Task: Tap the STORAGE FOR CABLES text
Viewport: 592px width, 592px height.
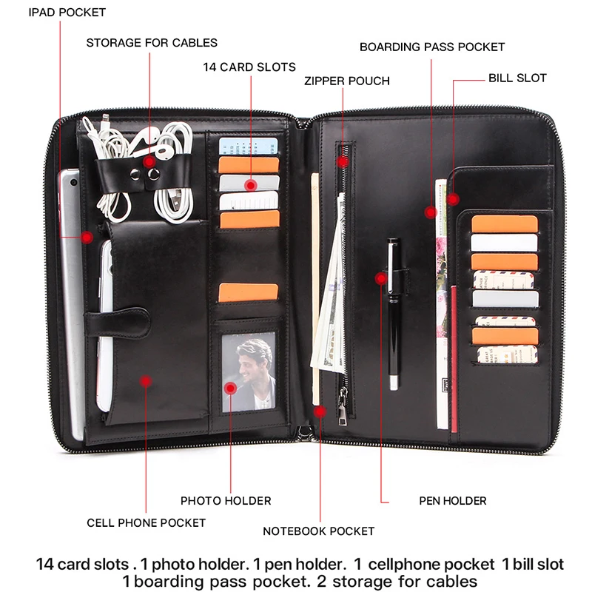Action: pyautogui.click(x=152, y=42)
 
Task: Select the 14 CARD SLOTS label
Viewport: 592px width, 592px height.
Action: pyautogui.click(x=249, y=67)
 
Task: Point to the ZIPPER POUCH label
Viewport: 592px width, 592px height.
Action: pyautogui.click(x=346, y=80)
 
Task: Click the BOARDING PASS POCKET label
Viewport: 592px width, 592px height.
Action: pyautogui.click(x=432, y=47)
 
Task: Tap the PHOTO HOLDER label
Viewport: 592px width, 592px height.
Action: pyautogui.click(x=226, y=501)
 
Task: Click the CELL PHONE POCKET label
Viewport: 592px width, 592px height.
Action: pyautogui.click(x=146, y=522)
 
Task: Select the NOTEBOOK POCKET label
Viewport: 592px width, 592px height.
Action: pyautogui.click(x=318, y=531)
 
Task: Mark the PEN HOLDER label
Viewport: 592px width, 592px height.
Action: pyautogui.click(x=453, y=501)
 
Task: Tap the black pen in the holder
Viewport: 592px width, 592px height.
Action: pyautogui.click(x=394, y=311)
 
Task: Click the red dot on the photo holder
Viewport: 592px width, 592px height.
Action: pyautogui.click(x=230, y=387)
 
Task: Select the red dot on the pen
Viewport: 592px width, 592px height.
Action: pyautogui.click(x=381, y=279)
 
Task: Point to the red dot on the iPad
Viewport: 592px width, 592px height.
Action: pyautogui.click(x=87, y=238)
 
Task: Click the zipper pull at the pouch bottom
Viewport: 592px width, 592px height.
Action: pyautogui.click(x=343, y=408)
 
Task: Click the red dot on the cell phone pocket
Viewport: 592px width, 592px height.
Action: pyautogui.click(x=147, y=380)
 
